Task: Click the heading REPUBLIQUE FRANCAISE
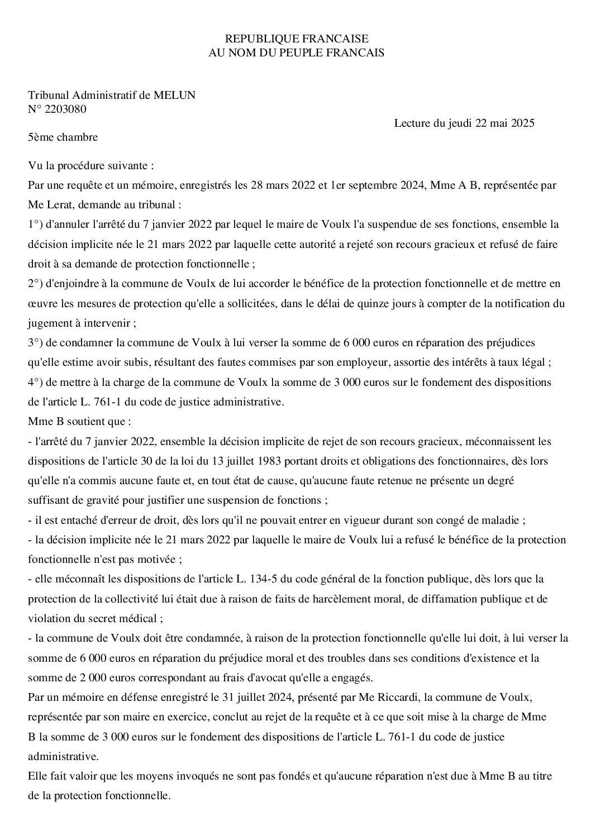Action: pos(296,39)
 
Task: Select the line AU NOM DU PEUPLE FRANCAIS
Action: pos(296,52)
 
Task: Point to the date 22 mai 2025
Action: pos(505,123)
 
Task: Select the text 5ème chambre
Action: pos(63,137)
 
